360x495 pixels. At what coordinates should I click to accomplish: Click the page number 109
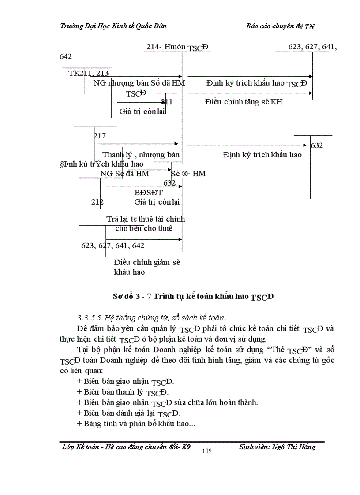click(207, 450)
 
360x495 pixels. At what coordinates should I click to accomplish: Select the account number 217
click(100, 136)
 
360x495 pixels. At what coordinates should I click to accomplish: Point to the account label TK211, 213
click(89, 73)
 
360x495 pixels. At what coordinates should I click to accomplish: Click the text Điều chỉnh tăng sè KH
click(244, 102)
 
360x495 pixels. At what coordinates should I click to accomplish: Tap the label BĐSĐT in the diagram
click(148, 192)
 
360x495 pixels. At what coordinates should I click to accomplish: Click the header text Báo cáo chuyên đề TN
click(280, 26)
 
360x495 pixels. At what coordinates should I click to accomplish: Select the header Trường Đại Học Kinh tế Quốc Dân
click(113, 26)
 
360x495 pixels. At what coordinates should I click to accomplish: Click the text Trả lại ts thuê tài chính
click(146, 219)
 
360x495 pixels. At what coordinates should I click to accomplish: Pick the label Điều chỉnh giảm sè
click(147, 262)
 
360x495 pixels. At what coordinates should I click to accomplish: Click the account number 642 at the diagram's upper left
click(66, 56)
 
